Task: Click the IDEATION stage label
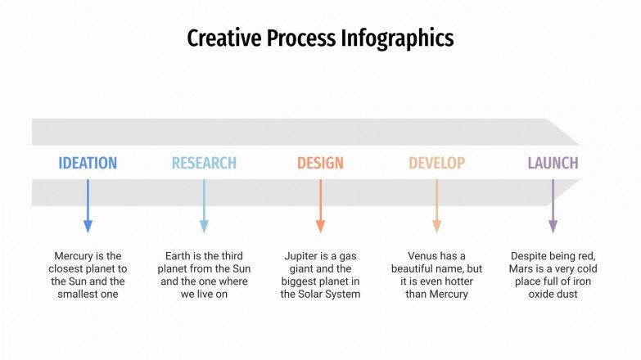(x=88, y=163)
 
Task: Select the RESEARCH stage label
(x=204, y=163)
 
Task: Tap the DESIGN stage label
(x=320, y=163)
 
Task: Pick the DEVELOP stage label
(x=436, y=163)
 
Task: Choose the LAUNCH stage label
(x=553, y=163)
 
